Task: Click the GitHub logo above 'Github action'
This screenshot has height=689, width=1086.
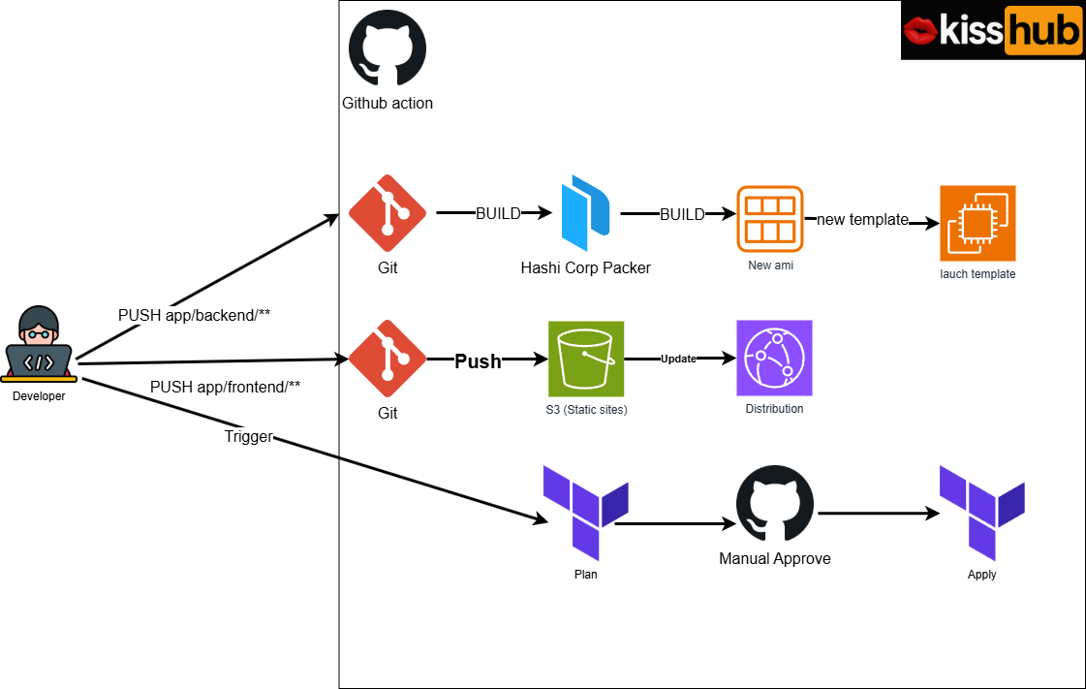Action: tap(387, 48)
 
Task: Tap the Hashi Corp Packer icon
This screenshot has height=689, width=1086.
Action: tap(586, 213)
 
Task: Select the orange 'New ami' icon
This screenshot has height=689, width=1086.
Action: tap(770, 218)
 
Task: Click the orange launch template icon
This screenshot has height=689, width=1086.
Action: tap(977, 223)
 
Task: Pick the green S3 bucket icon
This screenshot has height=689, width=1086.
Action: tap(586, 359)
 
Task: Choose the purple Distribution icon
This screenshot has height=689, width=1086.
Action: tap(774, 359)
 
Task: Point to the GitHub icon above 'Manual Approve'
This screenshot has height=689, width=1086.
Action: tap(775, 505)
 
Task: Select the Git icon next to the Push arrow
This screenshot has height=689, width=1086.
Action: tap(387, 360)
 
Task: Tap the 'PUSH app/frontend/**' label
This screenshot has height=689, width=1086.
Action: tap(225, 387)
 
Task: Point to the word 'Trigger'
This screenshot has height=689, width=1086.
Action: tap(249, 437)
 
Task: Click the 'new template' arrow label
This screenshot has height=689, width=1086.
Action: tap(862, 219)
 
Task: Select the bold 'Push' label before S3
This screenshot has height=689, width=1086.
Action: tap(479, 361)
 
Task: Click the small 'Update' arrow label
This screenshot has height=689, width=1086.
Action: tap(678, 359)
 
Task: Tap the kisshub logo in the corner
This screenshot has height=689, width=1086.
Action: tap(992, 31)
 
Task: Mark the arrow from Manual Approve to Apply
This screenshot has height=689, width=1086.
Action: tap(878, 514)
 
